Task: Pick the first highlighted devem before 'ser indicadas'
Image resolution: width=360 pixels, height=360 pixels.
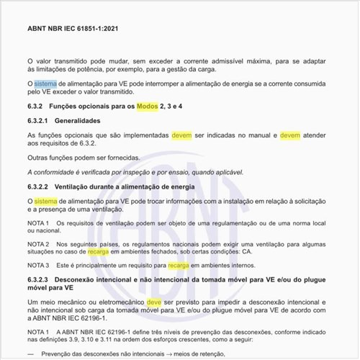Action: pos(181,135)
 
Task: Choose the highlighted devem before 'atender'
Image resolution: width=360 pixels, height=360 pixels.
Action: pos(290,135)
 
